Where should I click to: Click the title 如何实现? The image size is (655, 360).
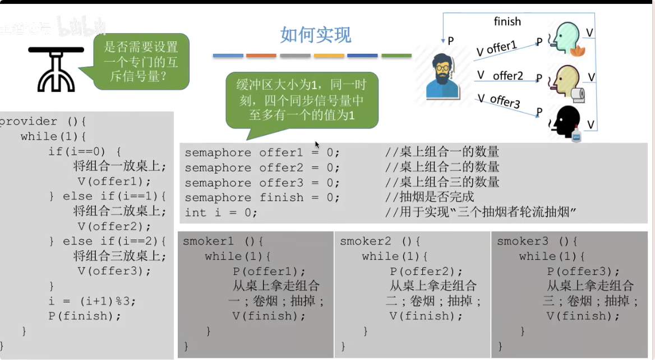(316, 35)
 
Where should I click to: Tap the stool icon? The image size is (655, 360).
(56, 68)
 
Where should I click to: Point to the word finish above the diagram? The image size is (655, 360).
(507, 22)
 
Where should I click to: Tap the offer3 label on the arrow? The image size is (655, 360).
(505, 101)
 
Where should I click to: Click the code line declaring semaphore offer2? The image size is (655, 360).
(262, 168)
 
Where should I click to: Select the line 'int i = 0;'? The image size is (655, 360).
(221, 213)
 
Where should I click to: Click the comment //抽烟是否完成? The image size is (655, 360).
(429, 197)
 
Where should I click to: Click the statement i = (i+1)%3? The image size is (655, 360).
(92, 301)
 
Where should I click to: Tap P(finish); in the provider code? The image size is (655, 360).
(85, 316)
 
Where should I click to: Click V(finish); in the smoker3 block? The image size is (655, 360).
(583, 316)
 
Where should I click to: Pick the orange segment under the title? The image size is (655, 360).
(261, 56)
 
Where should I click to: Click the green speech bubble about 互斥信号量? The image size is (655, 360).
(140, 61)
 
